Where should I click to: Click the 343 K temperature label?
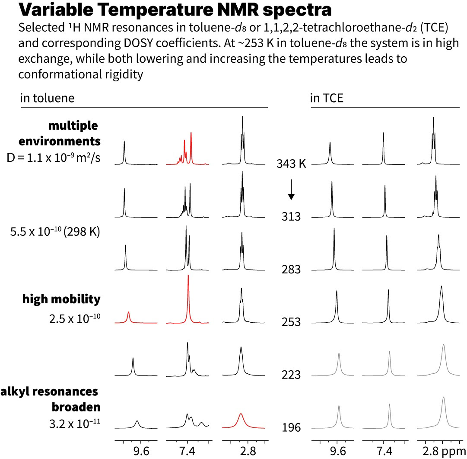click(x=291, y=164)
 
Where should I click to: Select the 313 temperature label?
click(x=291, y=216)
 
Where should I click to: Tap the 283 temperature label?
click(x=291, y=269)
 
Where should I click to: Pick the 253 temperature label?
click(x=291, y=322)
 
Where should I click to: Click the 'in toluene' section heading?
click(x=47, y=98)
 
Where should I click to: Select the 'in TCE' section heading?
click(x=327, y=98)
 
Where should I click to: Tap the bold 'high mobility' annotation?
click(x=61, y=299)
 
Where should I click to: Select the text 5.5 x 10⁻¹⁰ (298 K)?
click(x=55, y=232)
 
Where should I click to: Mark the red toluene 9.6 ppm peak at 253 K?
click(x=129, y=317)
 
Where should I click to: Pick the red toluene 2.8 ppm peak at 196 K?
click(x=241, y=420)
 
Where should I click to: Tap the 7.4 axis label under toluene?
click(x=187, y=451)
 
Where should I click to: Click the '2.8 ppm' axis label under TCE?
click(x=442, y=451)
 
